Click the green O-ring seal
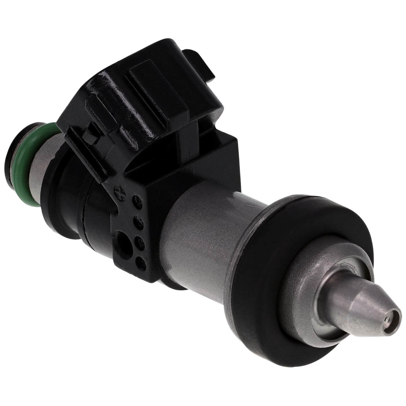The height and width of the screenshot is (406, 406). click(21, 164)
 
